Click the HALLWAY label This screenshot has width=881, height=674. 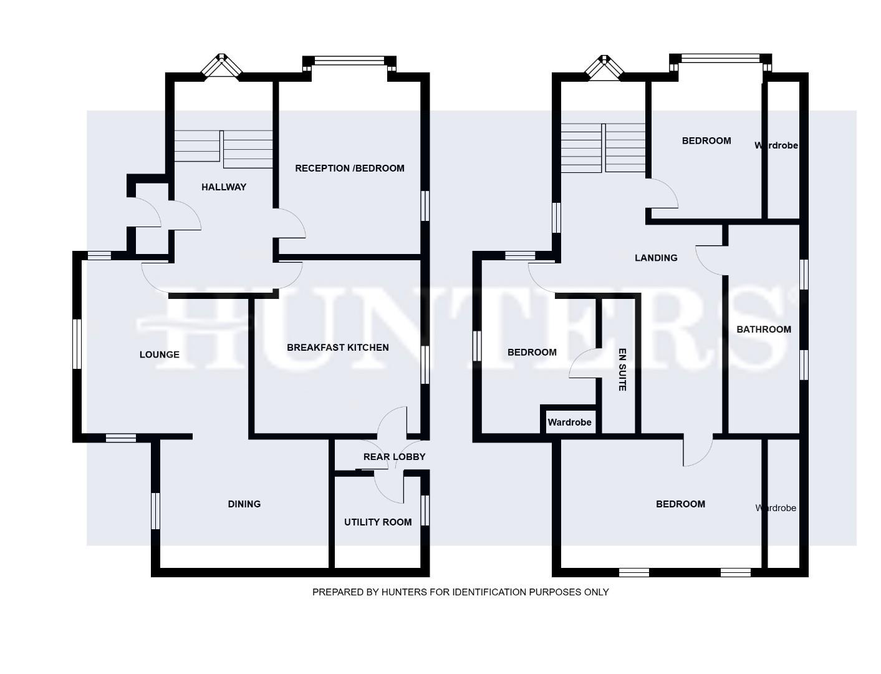(x=224, y=187)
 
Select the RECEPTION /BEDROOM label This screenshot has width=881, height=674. (x=349, y=168)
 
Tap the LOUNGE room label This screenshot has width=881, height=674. (x=159, y=354)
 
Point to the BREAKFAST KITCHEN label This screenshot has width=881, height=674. (x=337, y=347)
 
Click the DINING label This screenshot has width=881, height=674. (x=244, y=504)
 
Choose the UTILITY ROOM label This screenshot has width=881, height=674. (x=378, y=522)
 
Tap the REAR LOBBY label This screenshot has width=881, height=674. (x=394, y=456)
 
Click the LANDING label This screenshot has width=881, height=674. (x=655, y=257)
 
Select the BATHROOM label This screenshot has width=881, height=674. (x=763, y=329)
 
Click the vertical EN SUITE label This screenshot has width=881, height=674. (x=622, y=369)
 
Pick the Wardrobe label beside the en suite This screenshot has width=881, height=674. (x=569, y=422)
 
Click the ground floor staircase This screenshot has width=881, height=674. (x=223, y=149)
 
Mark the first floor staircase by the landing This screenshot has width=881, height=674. (x=603, y=148)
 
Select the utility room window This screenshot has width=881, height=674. (x=425, y=510)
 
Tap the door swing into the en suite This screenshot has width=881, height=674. (x=583, y=364)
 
